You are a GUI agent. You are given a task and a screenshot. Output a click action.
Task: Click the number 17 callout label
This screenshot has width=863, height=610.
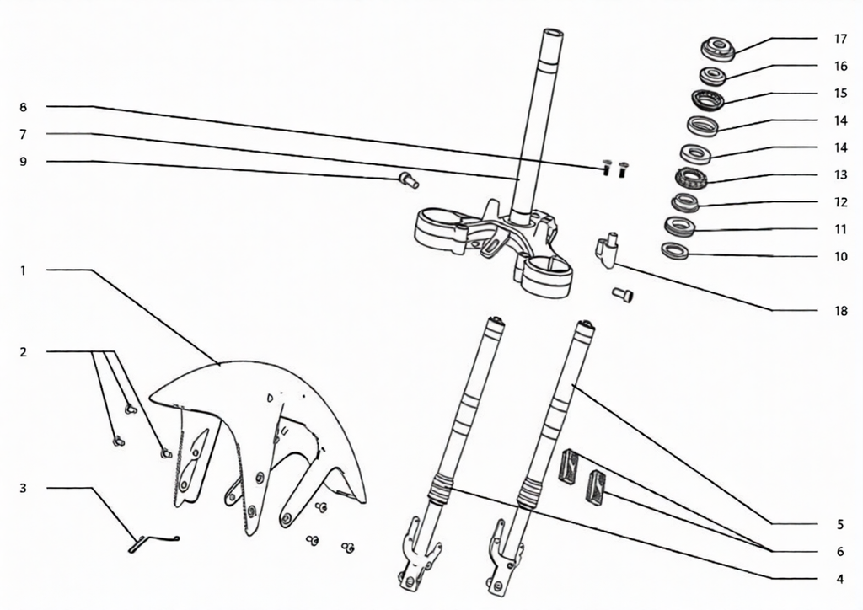(840, 39)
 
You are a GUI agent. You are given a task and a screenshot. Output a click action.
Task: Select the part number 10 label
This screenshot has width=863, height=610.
(840, 256)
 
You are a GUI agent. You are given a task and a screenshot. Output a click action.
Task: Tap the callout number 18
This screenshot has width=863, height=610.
(840, 311)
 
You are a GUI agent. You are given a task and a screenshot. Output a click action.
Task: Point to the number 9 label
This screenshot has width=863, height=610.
(23, 162)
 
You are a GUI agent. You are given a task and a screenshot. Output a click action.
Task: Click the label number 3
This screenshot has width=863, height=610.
(23, 488)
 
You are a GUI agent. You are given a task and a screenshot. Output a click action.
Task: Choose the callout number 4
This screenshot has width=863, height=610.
(840, 579)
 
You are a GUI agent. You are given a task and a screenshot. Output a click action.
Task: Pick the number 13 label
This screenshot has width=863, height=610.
(840, 175)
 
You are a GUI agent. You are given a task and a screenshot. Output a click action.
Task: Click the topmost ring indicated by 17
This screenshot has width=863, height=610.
(718, 49)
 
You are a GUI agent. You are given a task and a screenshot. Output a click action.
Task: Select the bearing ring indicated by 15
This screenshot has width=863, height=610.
(708, 99)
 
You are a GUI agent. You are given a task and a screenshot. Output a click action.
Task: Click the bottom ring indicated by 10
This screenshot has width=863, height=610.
(675, 251)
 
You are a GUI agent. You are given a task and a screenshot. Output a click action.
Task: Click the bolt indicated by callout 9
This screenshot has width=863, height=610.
(409, 179)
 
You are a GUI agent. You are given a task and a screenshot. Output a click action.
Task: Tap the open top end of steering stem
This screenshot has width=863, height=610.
(553, 33)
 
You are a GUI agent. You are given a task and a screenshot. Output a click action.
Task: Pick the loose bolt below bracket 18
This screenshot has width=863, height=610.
(623, 296)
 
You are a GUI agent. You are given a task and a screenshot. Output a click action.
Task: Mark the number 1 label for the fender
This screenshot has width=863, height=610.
(23, 270)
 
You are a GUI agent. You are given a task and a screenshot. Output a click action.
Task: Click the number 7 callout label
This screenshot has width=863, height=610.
(23, 134)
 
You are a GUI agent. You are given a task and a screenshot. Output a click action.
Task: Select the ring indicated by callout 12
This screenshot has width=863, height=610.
(685, 203)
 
